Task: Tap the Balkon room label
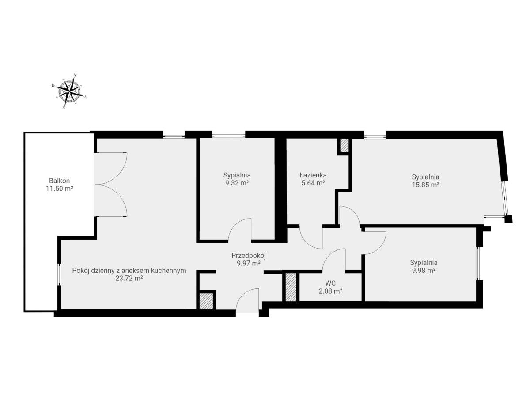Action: pyautogui.click(x=59, y=181)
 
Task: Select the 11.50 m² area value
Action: pyautogui.click(x=59, y=189)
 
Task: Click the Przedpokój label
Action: pyautogui.click(x=249, y=256)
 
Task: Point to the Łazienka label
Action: pyautogui.click(x=313, y=175)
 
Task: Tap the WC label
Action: pyautogui.click(x=330, y=283)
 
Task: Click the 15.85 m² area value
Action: pyautogui.click(x=425, y=185)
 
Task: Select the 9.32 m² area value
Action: pyautogui.click(x=237, y=183)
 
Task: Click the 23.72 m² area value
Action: pyautogui.click(x=129, y=279)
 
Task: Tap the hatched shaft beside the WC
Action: pyautogui.click(x=291, y=287)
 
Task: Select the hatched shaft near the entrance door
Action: pyautogui.click(x=206, y=302)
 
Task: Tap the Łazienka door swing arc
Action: pyautogui.click(x=306, y=242)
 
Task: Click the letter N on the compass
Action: pyautogui.click(x=75, y=75)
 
